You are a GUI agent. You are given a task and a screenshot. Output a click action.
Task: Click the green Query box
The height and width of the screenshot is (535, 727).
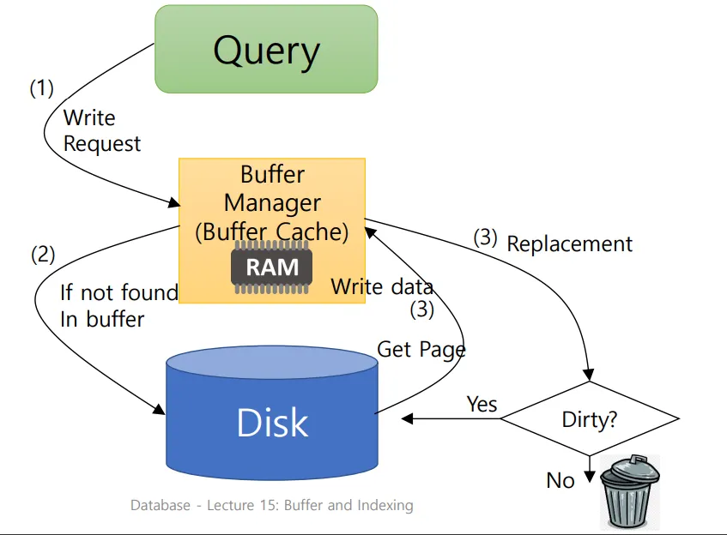click(x=266, y=50)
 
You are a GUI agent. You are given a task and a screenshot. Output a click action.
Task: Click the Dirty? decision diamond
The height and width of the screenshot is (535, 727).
click(x=590, y=419)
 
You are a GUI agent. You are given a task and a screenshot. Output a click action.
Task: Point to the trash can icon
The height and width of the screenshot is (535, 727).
click(x=629, y=493)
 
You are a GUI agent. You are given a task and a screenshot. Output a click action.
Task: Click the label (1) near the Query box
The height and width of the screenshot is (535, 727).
click(x=41, y=87)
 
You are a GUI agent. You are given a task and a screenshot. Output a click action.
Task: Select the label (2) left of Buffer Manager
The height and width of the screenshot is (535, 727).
click(x=43, y=254)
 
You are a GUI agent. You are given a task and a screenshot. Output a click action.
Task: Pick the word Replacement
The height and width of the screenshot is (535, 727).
click(x=569, y=244)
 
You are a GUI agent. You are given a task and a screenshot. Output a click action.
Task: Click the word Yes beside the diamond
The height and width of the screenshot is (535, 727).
click(x=482, y=404)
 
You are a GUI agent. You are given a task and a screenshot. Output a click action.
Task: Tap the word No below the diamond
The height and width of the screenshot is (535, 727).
click(x=560, y=480)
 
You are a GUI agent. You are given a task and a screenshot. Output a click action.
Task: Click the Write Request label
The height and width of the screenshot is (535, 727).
click(x=101, y=130)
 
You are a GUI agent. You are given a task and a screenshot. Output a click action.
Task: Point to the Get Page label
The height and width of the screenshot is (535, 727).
click(x=421, y=349)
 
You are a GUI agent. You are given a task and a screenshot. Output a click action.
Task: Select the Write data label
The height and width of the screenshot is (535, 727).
click(x=382, y=286)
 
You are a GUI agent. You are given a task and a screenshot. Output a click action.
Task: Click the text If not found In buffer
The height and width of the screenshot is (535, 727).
click(x=118, y=306)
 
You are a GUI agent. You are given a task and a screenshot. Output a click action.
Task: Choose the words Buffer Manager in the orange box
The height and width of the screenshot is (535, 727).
click(x=272, y=189)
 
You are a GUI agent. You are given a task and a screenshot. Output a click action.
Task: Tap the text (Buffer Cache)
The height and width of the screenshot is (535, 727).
click(x=272, y=231)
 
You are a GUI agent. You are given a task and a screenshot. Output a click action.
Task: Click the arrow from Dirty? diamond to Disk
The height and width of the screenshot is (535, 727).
click(x=451, y=419)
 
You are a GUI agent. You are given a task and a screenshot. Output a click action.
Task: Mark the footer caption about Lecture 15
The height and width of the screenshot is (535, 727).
click(x=271, y=505)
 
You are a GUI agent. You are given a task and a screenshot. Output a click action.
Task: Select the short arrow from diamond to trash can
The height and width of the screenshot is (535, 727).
click(x=590, y=467)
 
